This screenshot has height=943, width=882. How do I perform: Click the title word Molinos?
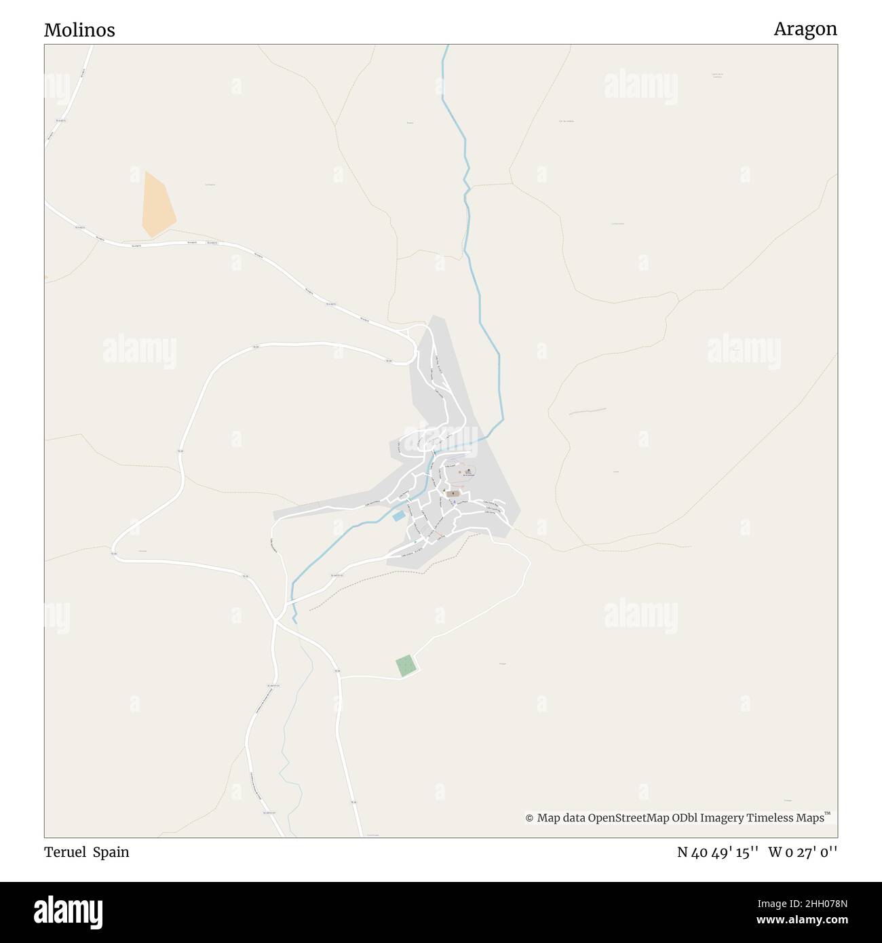(x=79, y=30)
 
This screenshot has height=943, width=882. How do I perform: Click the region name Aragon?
(x=805, y=28)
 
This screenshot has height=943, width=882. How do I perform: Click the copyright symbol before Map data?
(x=529, y=818)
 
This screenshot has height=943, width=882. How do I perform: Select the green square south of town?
(x=405, y=666)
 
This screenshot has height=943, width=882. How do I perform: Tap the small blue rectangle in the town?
(x=398, y=516)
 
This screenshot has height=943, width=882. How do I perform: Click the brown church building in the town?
(x=453, y=494)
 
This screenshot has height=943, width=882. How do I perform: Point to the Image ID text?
(x=800, y=903)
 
